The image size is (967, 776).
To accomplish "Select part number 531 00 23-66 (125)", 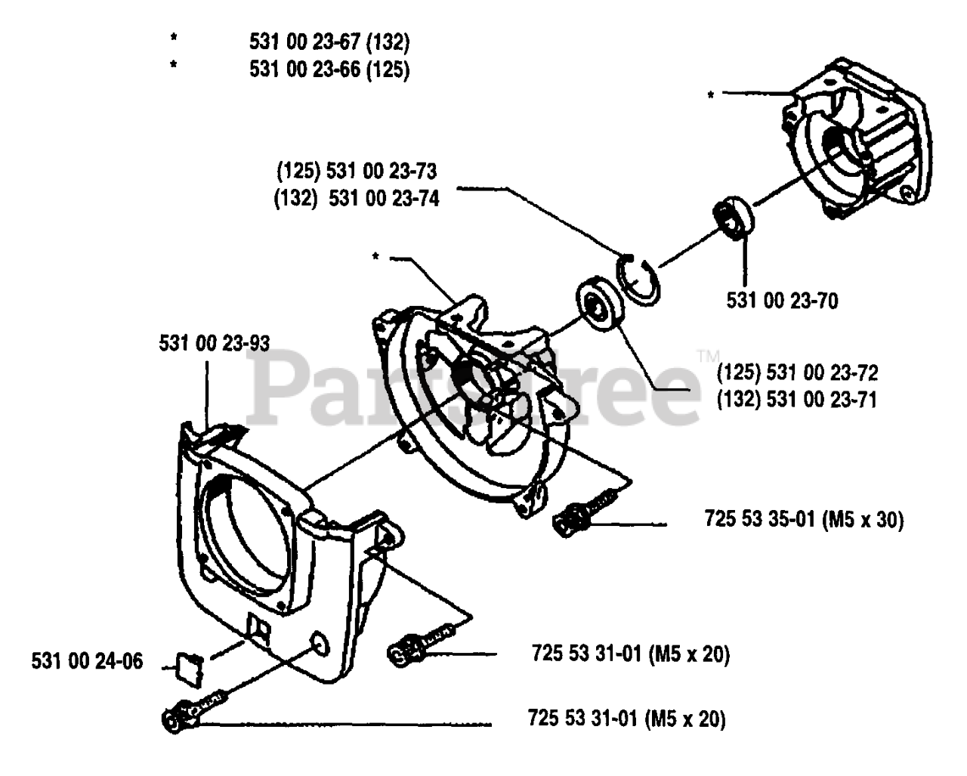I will tap(329, 70).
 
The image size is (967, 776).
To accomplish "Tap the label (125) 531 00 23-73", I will tap(357, 171).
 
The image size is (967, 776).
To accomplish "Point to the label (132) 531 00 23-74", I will tap(357, 200).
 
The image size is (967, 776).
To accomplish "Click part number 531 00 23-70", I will tap(783, 301).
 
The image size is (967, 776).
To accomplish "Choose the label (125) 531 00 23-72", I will tap(798, 372).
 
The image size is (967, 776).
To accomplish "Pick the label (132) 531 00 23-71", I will tap(798, 399).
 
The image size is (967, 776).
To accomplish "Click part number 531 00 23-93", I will tap(214, 343).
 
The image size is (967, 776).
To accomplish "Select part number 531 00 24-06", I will tap(87, 662).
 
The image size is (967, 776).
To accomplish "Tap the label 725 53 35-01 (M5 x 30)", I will tap(804, 519).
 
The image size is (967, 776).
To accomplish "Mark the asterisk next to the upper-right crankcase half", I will tap(711, 95).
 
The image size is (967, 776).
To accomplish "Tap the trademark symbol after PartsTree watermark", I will tap(708, 354).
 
